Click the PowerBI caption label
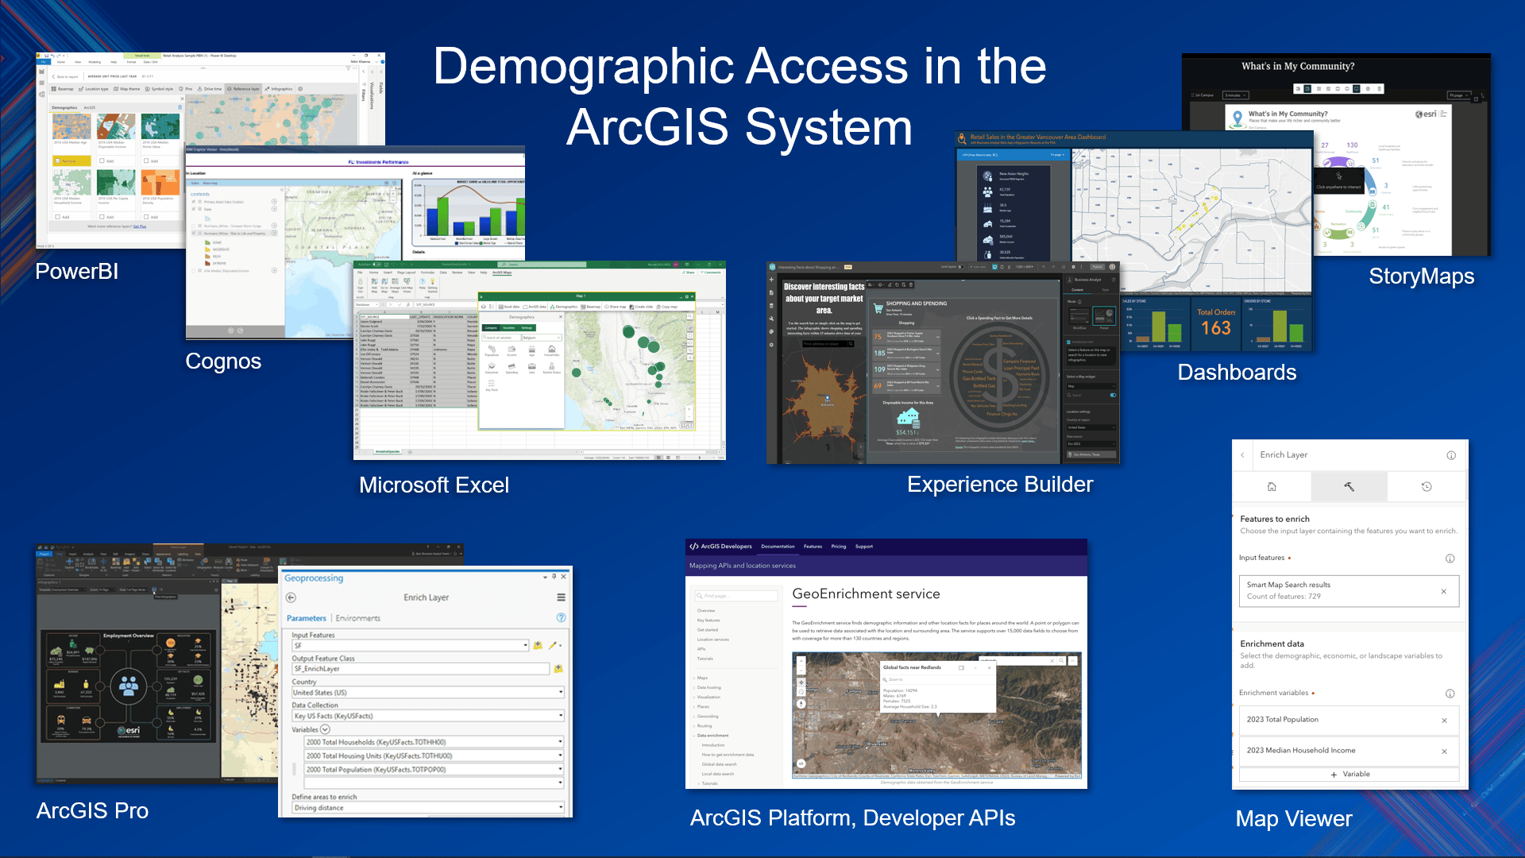(x=77, y=272)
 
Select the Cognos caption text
(x=223, y=361)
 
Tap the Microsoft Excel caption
(x=434, y=485)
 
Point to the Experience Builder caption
(x=1000, y=485)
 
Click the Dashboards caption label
(x=1237, y=373)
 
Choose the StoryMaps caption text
(x=1421, y=276)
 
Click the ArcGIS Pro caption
(x=92, y=811)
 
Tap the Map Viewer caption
(x=1293, y=819)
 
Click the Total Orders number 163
(x=1215, y=328)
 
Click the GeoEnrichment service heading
(x=866, y=594)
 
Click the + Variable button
(x=1349, y=774)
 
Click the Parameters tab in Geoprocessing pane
(x=306, y=618)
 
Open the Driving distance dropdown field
(x=427, y=808)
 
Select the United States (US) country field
(x=427, y=693)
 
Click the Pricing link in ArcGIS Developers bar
(x=838, y=547)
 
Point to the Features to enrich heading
(x=1274, y=519)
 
